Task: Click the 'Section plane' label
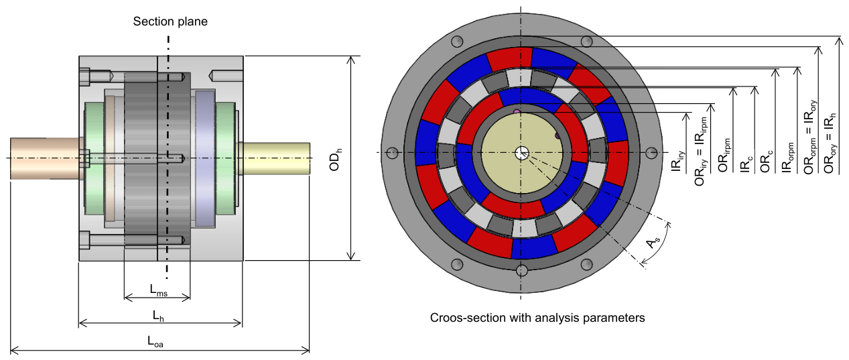[170, 21]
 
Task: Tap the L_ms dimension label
[159, 290]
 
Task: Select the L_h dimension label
[158, 316]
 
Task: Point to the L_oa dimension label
[155, 341]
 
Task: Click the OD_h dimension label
[334, 160]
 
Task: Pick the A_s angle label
[653, 241]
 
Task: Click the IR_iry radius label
[677, 161]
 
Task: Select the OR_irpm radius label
[724, 156]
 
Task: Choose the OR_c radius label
[767, 162]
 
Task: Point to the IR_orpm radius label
[788, 158]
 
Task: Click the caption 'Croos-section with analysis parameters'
[537, 318]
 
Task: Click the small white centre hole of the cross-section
[521, 153]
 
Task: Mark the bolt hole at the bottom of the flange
[521, 270]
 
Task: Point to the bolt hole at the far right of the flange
[651, 153]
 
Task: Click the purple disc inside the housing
[205, 158]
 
